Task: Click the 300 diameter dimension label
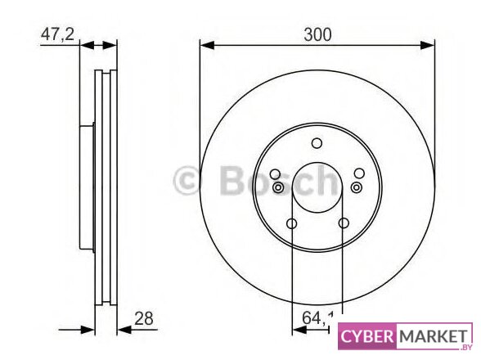tap(317, 34)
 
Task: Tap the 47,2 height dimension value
tap(57, 34)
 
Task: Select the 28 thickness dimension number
tap(144, 318)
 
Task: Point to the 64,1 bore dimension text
tap(317, 318)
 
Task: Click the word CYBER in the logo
tap(366, 336)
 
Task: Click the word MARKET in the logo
tap(434, 336)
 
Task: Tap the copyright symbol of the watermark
tap(187, 181)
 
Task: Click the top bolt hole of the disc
tap(317, 143)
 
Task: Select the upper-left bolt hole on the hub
tap(275, 174)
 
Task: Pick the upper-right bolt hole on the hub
tap(359, 173)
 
